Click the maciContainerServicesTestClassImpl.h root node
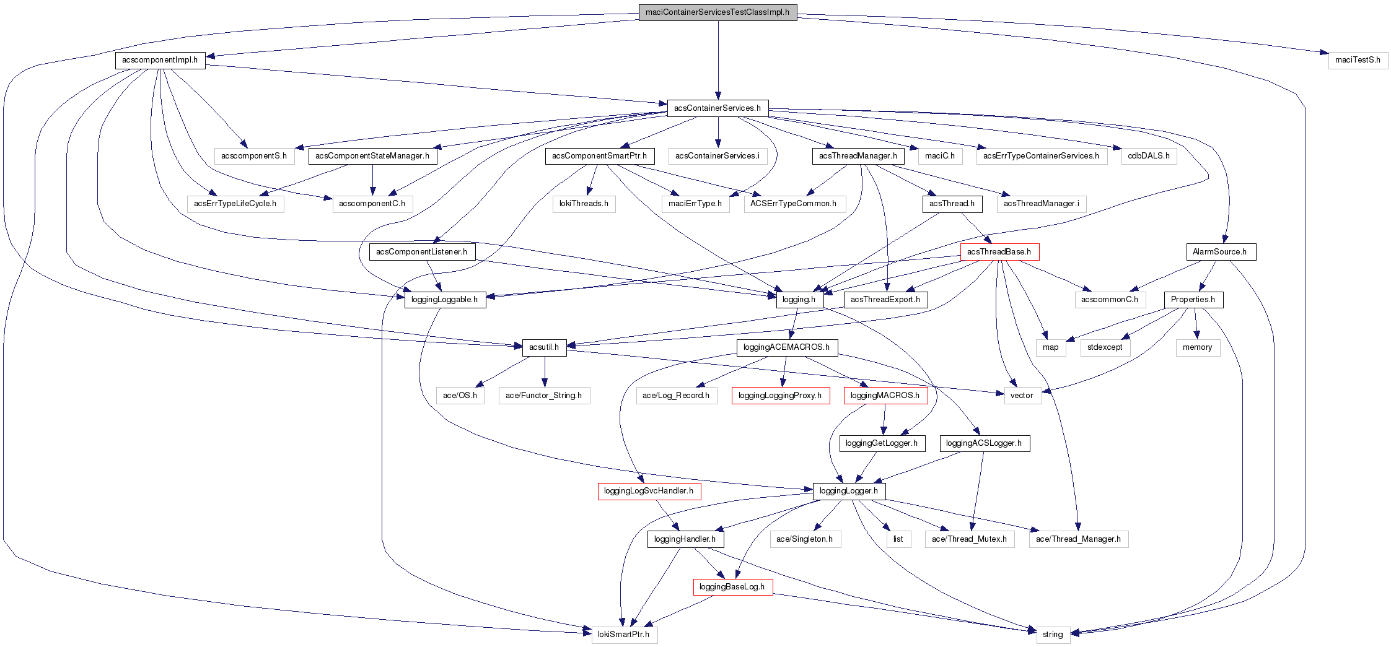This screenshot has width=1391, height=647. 717,12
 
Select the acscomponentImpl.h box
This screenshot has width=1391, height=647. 160,60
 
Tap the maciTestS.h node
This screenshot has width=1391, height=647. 1358,60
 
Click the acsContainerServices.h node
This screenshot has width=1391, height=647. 717,108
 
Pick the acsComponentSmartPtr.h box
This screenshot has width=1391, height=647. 599,156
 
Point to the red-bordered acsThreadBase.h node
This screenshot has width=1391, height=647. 999,252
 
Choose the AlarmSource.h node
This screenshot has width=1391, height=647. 1220,252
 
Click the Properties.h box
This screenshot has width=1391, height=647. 1193,300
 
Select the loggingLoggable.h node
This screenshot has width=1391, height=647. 444,300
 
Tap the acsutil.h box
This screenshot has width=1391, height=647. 544,347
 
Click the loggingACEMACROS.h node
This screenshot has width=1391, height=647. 786,347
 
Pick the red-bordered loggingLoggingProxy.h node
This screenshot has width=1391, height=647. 780,396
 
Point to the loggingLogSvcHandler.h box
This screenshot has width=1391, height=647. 649,491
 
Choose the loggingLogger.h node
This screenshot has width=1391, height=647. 848,491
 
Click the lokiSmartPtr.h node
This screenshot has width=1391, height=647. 624,635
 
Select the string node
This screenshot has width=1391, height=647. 1053,635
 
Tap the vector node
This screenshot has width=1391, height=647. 1022,396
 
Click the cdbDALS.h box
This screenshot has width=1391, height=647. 1148,156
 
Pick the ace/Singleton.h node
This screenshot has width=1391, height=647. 804,539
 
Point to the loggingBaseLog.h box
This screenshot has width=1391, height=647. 732,587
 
